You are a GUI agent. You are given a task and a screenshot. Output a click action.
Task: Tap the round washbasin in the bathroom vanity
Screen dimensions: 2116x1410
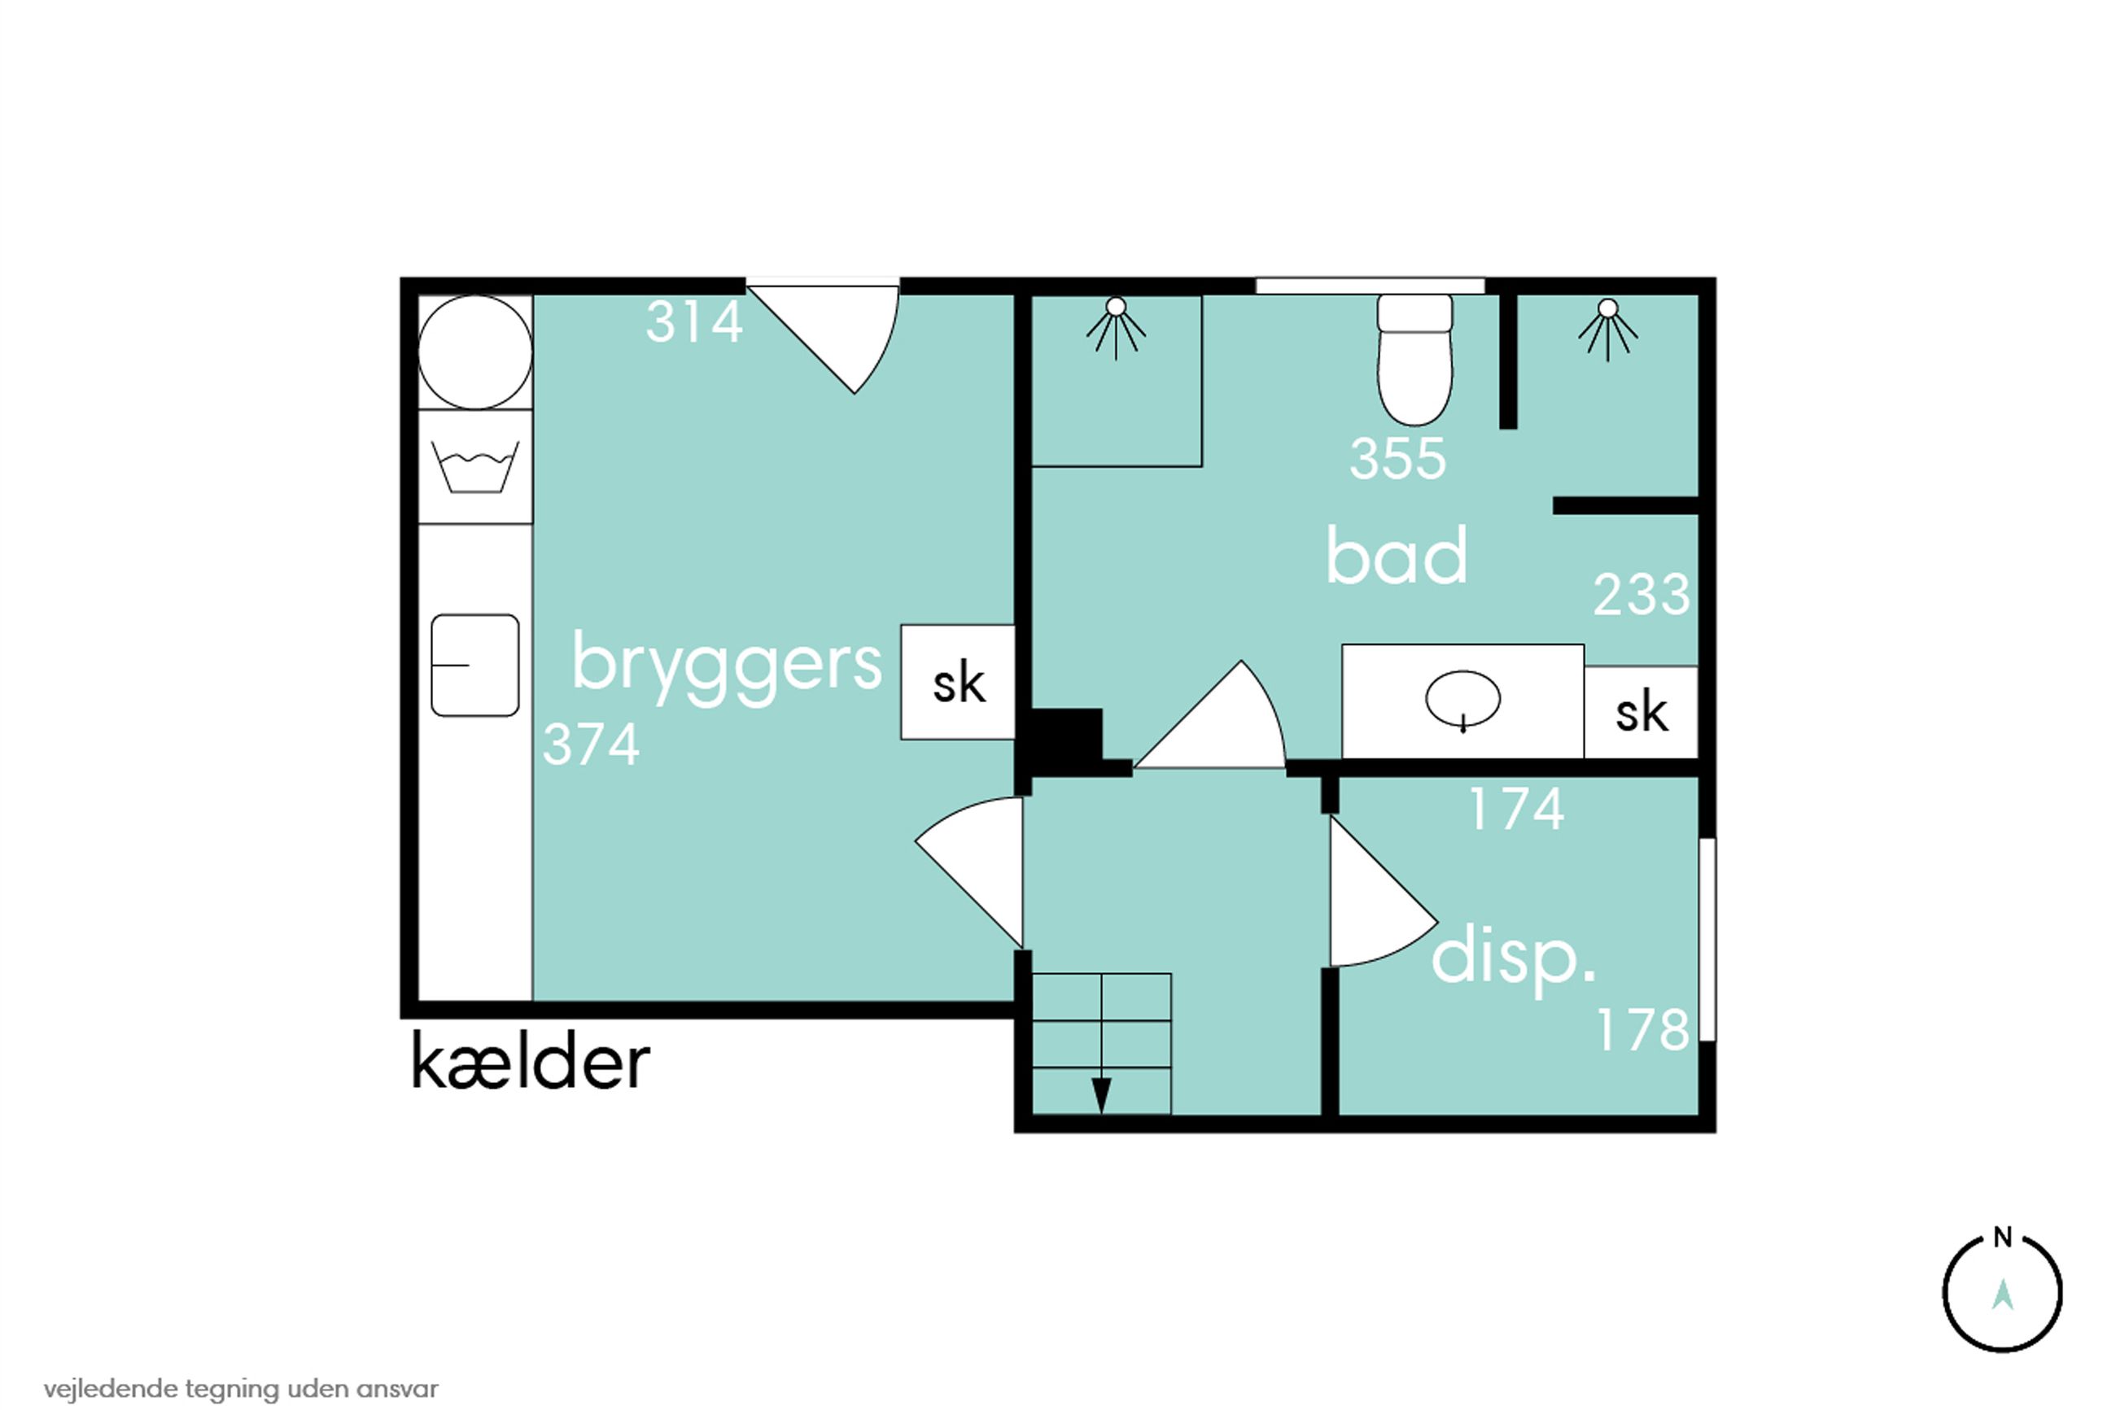coord(1462,699)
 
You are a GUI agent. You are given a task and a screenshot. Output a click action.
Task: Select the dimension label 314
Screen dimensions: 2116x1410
coord(694,322)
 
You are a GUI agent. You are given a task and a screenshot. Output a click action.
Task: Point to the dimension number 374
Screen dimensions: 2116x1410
coord(591,744)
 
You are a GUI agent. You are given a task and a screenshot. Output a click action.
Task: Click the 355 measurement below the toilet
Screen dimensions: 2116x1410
coord(1397,459)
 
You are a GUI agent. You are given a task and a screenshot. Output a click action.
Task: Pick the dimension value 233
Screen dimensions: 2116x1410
coord(1642,596)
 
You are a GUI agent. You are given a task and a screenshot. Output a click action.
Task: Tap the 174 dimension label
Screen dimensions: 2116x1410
coord(1517,810)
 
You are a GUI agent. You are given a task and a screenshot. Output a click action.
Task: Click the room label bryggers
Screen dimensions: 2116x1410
coord(727,666)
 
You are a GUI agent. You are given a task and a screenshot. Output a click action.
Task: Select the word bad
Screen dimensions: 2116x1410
coord(1397,557)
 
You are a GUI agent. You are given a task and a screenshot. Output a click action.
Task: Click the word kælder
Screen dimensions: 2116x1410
coord(530,1063)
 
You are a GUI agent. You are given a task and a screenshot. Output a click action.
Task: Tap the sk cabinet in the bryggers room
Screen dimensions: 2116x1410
coord(958,683)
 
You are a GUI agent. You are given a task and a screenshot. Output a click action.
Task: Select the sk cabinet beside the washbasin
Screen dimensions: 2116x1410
coord(1642,712)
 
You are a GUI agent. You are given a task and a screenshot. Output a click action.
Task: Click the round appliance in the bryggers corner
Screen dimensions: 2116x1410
coord(474,352)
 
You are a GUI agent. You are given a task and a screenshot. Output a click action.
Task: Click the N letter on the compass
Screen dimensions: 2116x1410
coord(2002,1238)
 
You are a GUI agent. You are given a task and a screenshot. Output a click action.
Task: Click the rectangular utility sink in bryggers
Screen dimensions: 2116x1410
coord(474,666)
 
